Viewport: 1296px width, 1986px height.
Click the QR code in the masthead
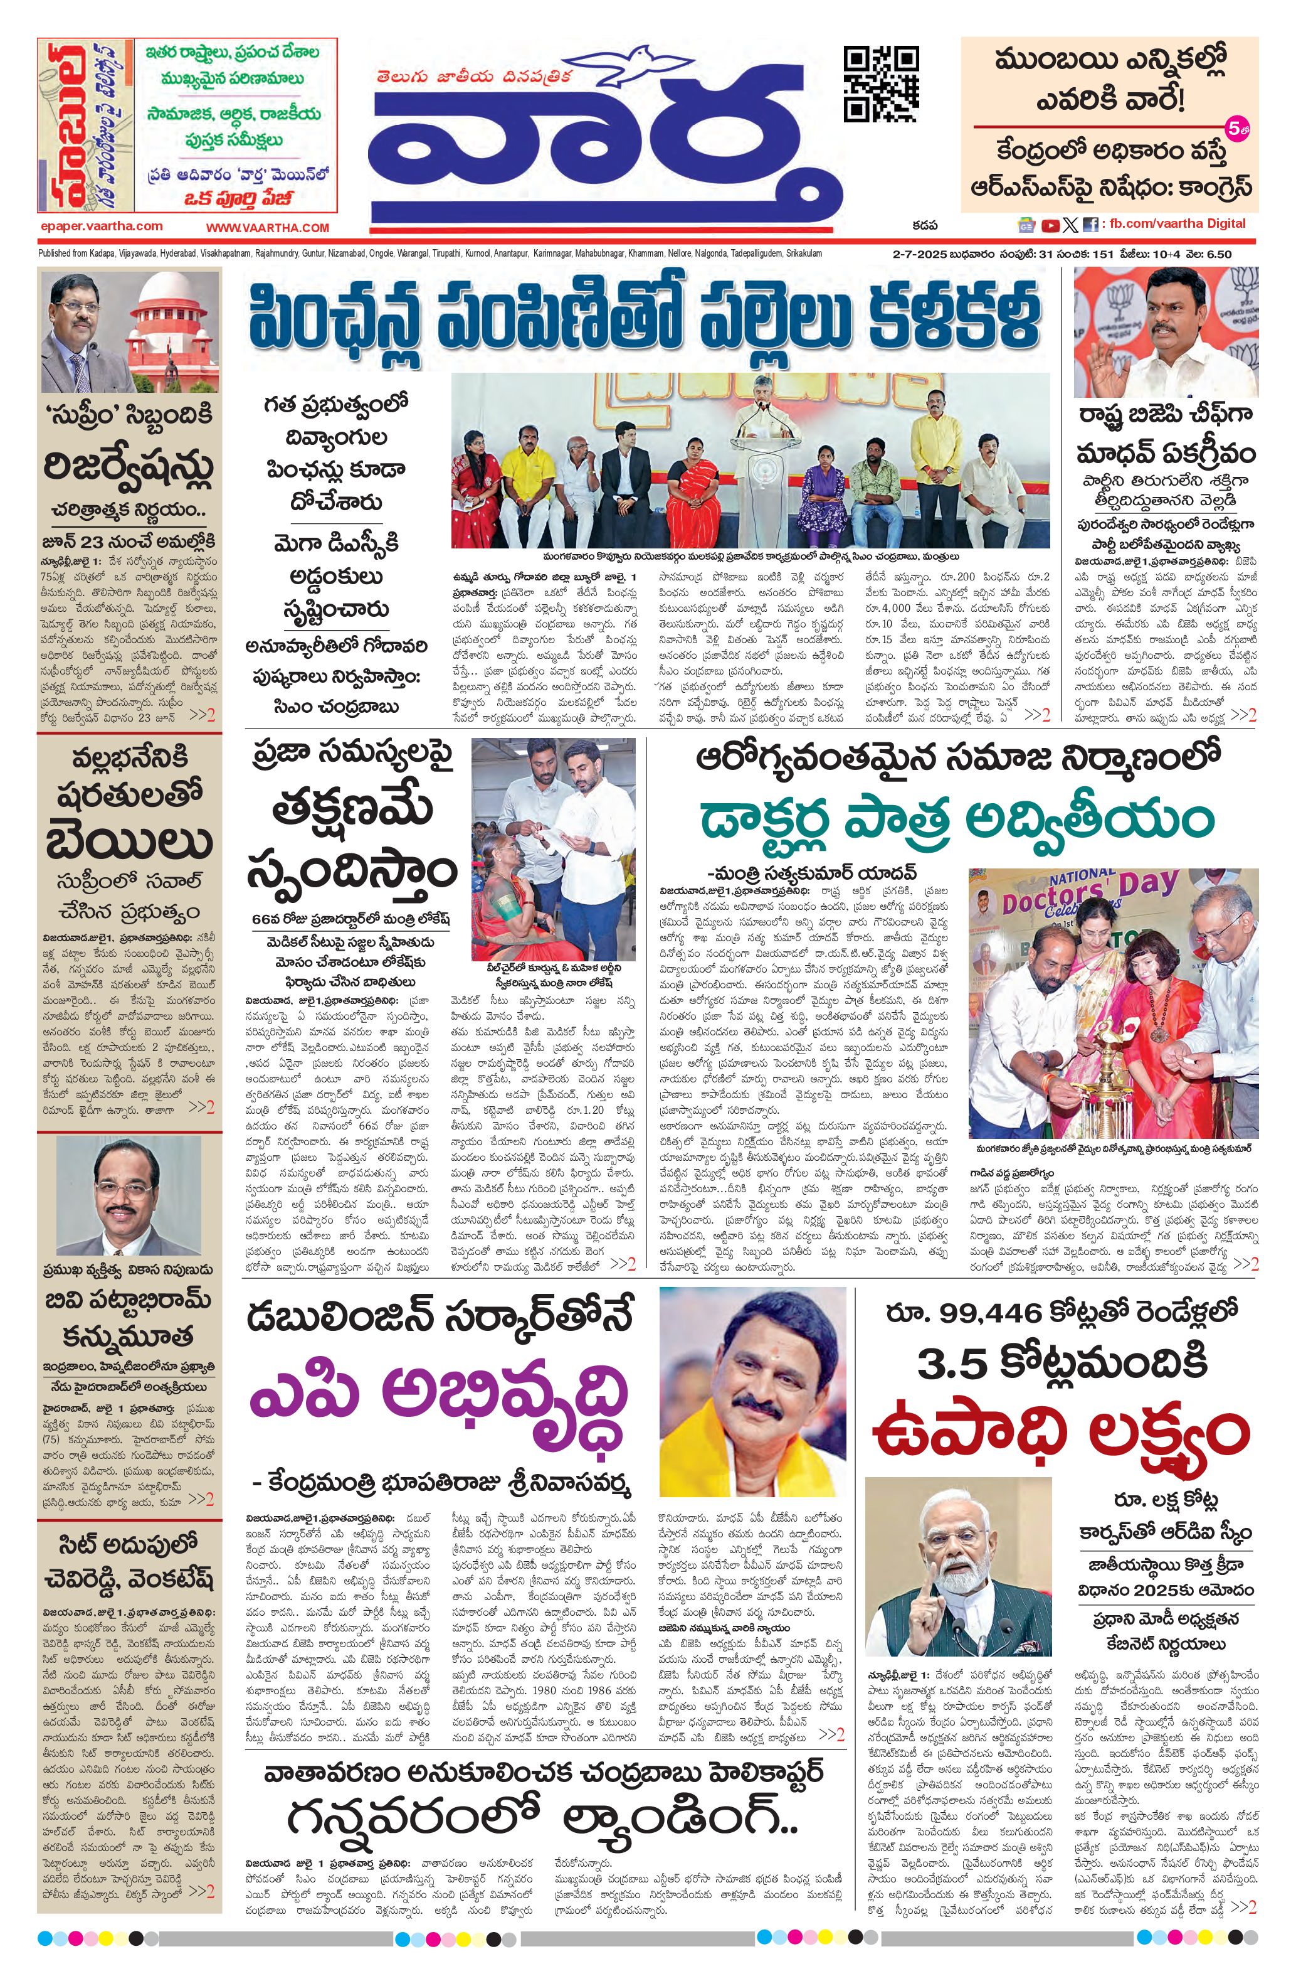point(882,84)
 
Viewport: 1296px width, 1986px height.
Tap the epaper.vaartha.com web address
point(101,226)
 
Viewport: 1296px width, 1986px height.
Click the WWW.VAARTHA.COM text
point(268,228)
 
